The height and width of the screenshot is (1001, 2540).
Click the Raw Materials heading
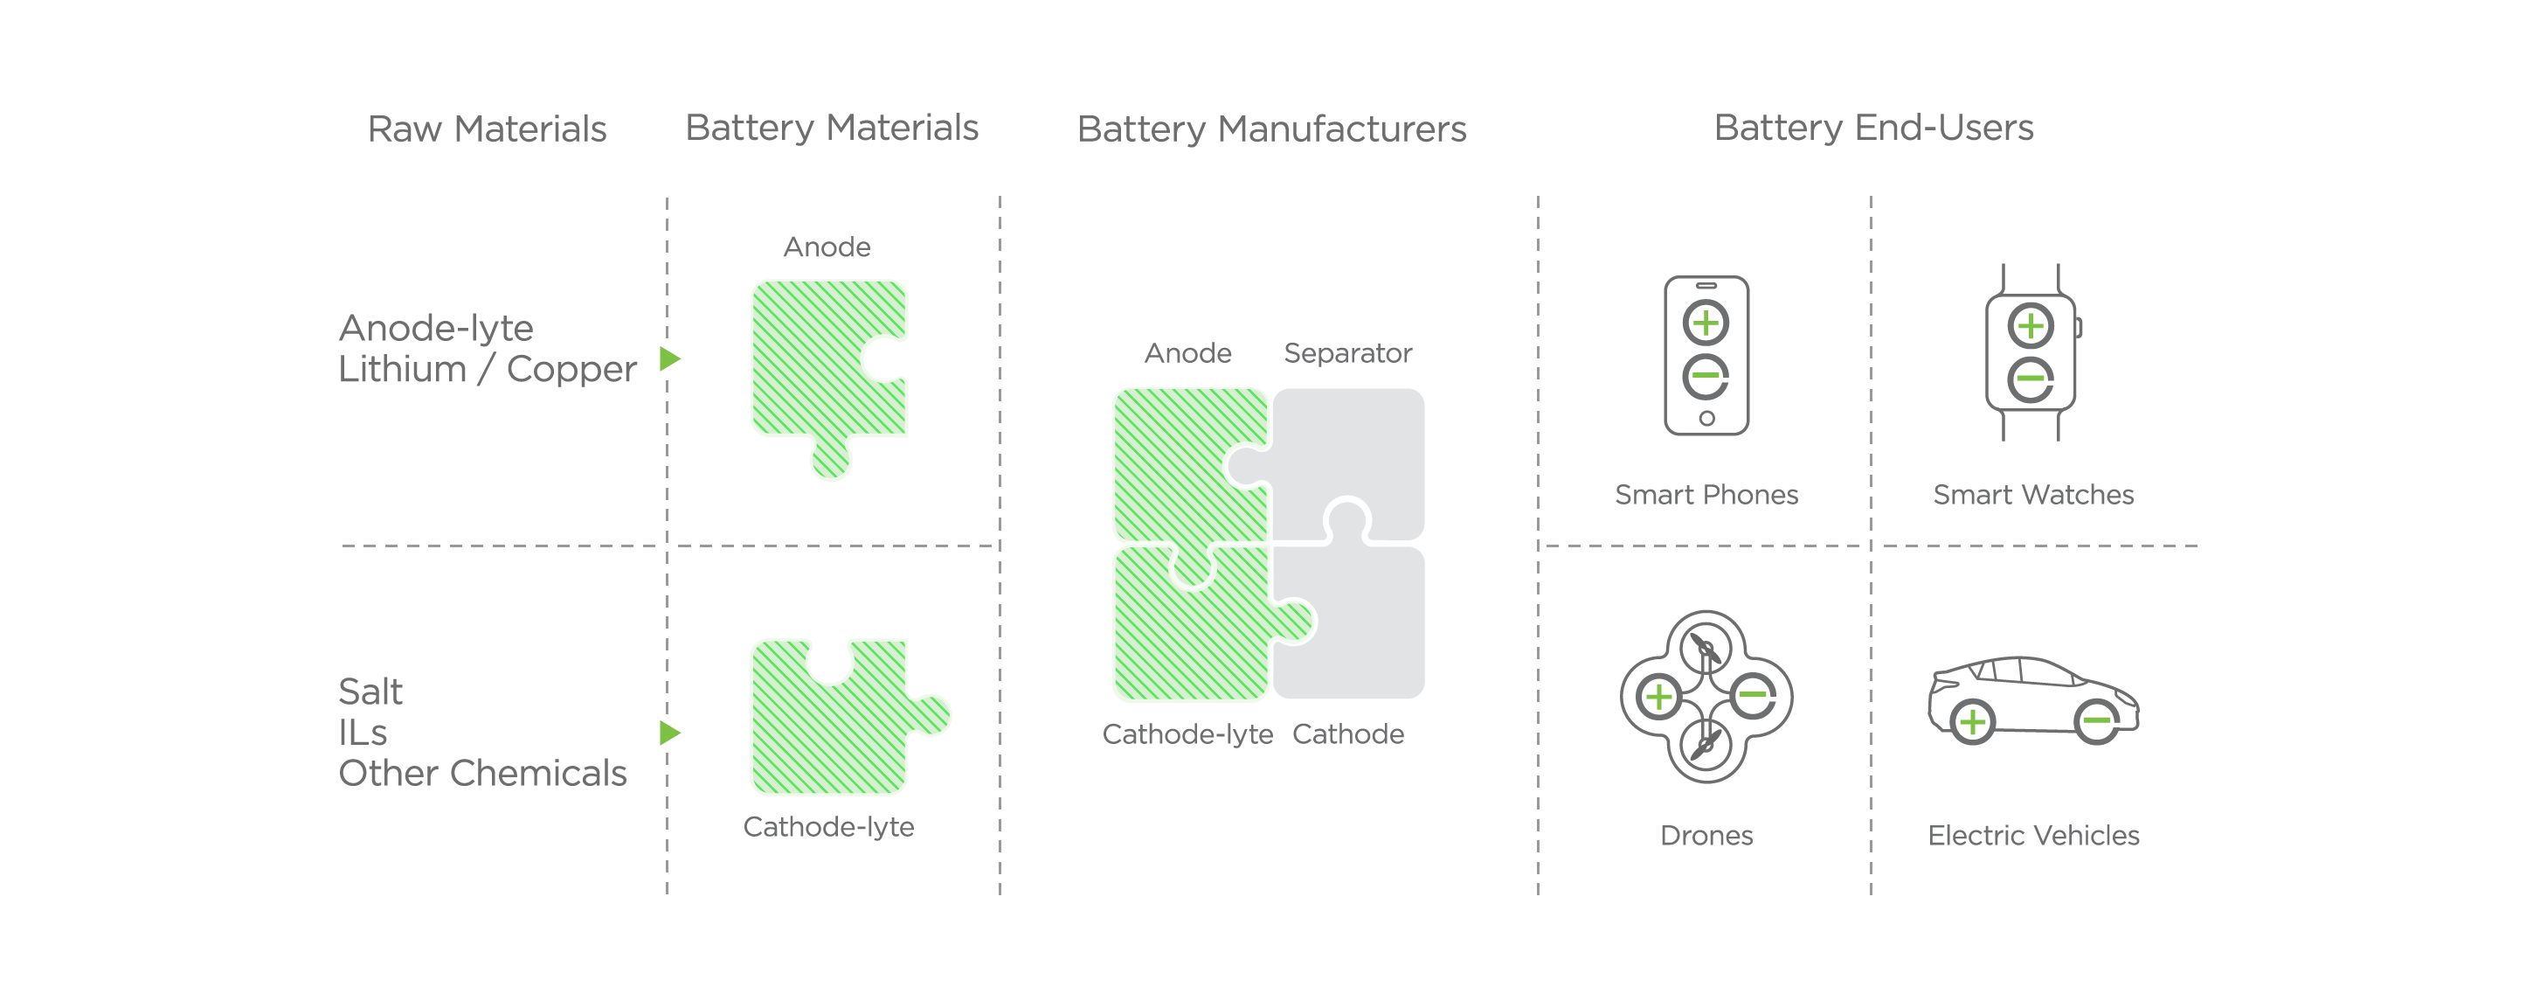(x=487, y=129)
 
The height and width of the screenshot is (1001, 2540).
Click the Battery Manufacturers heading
(x=1271, y=129)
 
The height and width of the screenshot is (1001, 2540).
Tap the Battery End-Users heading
(x=1873, y=129)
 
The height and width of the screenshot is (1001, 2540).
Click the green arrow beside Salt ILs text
(x=669, y=733)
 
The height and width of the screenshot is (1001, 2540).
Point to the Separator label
(x=1347, y=353)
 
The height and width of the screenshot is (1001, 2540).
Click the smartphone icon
(x=1706, y=355)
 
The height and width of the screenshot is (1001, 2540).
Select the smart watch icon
(x=2031, y=352)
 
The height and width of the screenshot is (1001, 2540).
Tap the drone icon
(x=1706, y=696)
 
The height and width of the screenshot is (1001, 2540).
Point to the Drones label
(x=1706, y=835)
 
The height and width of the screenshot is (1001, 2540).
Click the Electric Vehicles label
(x=2033, y=835)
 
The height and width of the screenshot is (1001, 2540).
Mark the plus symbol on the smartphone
(x=1706, y=323)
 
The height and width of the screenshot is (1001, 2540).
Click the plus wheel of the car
(x=1972, y=723)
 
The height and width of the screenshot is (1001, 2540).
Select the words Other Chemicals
(x=482, y=773)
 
